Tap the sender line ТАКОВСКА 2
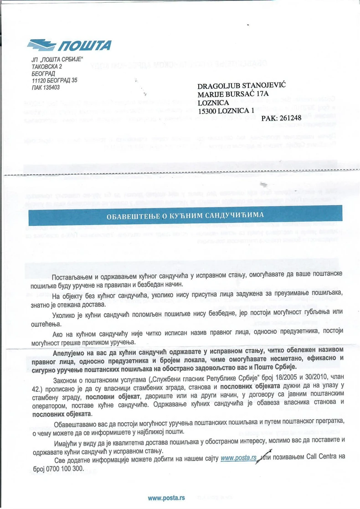click(44, 67)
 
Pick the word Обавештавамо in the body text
click(80, 425)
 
